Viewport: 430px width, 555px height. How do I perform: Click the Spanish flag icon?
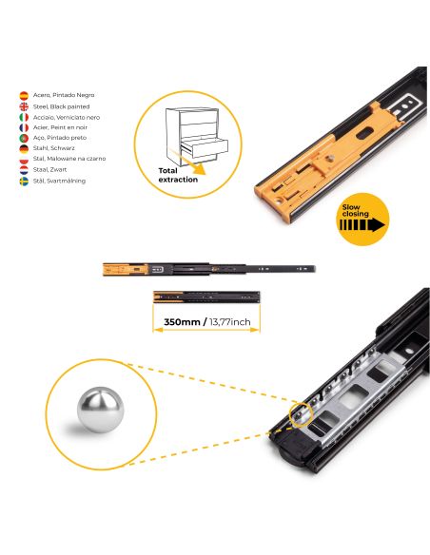pos(24,96)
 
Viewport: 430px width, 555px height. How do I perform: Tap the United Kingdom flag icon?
pos(24,106)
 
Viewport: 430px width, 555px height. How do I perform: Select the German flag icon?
pos(24,148)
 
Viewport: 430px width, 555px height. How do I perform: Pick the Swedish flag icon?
pos(24,180)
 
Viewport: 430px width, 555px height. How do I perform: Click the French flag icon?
pos(24,127)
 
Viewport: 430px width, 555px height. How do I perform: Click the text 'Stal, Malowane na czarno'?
pos(69,159)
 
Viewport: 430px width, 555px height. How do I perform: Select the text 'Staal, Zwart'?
pos(52,169)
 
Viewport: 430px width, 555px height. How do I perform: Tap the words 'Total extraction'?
pos(177,172)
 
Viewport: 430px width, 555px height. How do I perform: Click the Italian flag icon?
pos(24,117)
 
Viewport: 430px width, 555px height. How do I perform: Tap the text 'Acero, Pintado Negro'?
pos(64,96)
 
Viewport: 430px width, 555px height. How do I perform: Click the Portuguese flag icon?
pos(24,138)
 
